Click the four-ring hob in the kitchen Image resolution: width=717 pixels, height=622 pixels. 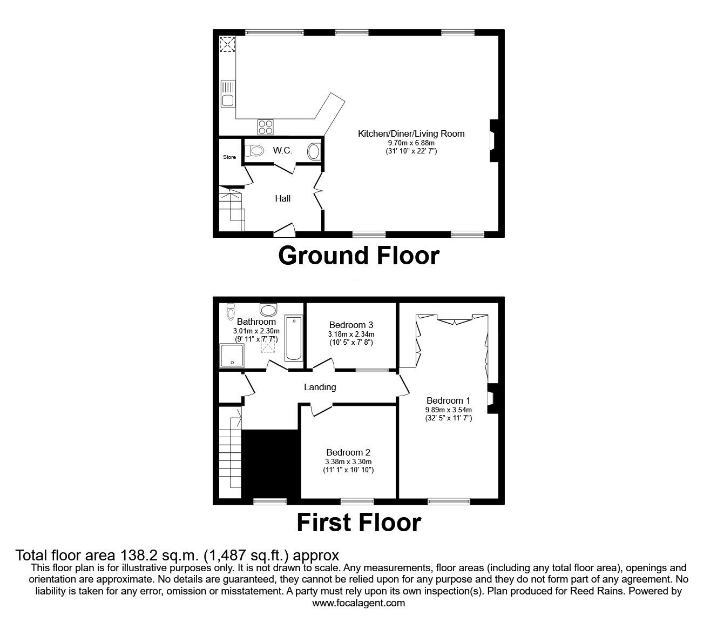(265, 127)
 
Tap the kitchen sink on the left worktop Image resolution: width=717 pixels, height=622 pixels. (228, 93)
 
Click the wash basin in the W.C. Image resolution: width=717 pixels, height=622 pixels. (314, 151)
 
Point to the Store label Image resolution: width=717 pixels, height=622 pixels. (229, 157)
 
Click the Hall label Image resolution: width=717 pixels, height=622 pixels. (283, 198)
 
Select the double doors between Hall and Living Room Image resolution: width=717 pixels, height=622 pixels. (319, 191)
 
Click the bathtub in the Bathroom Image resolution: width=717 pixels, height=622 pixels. (294, 338)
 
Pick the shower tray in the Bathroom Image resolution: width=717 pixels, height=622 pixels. (232, 356)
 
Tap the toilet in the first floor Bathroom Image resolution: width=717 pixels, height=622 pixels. (231, 311)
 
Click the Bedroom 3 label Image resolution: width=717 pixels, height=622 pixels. (351, 325)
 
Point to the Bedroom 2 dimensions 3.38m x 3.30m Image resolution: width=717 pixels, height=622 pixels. (348, 462)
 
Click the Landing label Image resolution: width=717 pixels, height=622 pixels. (320, 387)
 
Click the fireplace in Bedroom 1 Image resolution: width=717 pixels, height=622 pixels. (492, 398)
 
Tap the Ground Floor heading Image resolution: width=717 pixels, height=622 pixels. (359, 256)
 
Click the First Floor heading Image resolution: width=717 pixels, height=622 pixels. (359, 523)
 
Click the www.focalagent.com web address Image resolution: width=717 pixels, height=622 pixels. (359, 603)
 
